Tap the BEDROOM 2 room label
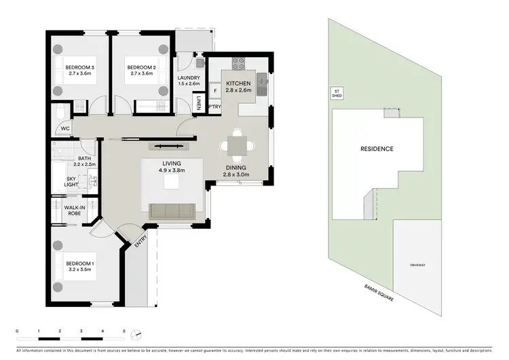[x=142, y=68]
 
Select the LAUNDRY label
[x=188, y=78]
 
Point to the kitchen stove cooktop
[x=239, y=64]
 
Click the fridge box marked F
[x=215, y=90]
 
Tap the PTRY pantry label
[x=215, y=107]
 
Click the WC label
[x=65, y=128]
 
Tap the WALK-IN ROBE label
[x=74, y=211]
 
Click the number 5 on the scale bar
[x=124, y=331]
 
